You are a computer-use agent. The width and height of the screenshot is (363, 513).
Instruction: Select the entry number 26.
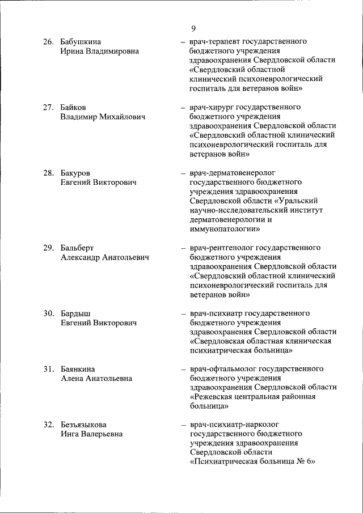click(x=49, y=42)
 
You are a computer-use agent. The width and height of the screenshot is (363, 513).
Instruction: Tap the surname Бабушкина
click(x=81, y=42)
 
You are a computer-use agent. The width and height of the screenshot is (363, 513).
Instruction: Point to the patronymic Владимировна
click(x=110, y=51)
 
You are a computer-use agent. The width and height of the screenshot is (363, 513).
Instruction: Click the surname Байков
click(x=74, y=107)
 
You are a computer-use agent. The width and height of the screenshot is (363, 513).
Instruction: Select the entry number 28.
click(x=49, y=173)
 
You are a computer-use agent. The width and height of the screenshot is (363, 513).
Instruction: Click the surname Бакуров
click(x=77, y=173)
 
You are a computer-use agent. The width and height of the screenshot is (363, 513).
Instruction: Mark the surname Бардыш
click(x=75, y=313)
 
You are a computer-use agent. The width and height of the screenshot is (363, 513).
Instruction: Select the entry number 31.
click(x=49, y=369)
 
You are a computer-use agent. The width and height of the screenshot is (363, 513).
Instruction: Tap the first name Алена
click(x=73, y=378)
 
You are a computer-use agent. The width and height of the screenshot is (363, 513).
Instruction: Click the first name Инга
click(x=71, y=434)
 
